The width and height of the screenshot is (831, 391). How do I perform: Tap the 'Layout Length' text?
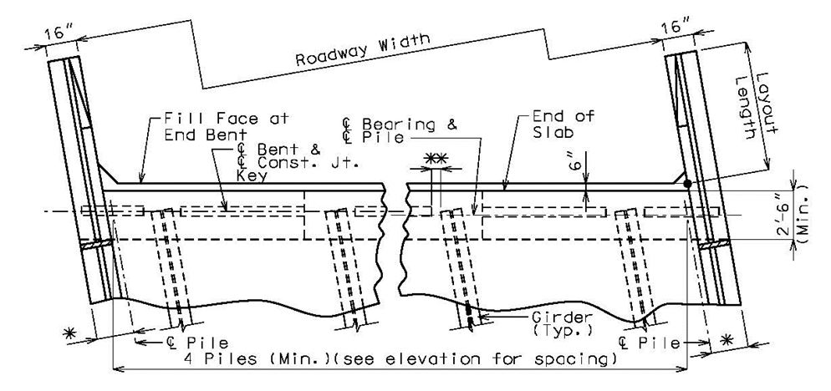click(x=755, y=106)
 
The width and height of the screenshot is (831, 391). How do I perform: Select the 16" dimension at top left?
click(x=59, y=33)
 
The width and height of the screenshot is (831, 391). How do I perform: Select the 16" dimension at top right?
click(x=677, y=27)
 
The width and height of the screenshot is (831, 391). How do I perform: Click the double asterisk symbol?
click(x=436, y=158)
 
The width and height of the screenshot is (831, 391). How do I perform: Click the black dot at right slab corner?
click(x=687, y=184)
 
